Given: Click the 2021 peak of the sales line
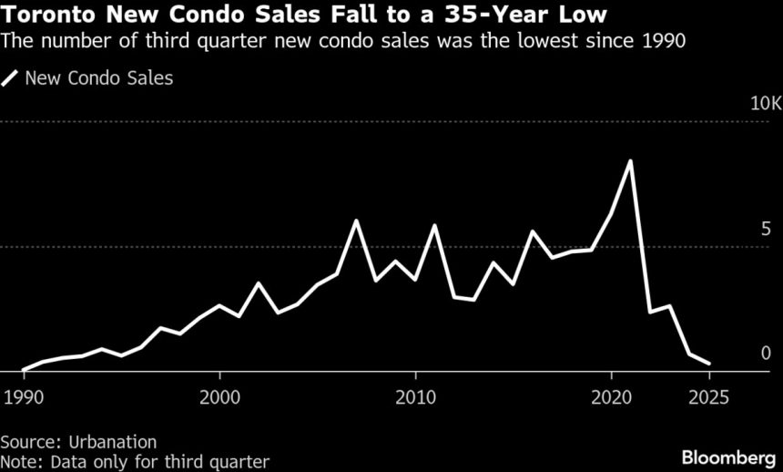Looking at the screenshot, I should (630, 161).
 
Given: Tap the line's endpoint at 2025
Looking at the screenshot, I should (708, 364).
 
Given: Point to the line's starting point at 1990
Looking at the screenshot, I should (23, 370).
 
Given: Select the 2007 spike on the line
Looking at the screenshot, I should (356, 221).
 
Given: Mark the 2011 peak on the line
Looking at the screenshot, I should (434, 225).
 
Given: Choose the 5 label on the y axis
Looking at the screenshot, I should (766, 228).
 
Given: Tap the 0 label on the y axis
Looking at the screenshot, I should (766, 353).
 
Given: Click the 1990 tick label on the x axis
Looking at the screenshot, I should (23, 398).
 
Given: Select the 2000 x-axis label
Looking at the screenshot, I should (219, 398).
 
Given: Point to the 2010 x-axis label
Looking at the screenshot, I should (415, 398).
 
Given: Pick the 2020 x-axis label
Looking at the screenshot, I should (611, 398).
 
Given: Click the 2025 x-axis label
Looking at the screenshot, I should (709, 398).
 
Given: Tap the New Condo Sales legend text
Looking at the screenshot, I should (99, 78).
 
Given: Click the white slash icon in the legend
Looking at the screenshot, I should (10, 78).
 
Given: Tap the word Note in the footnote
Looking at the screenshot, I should (18, 461).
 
